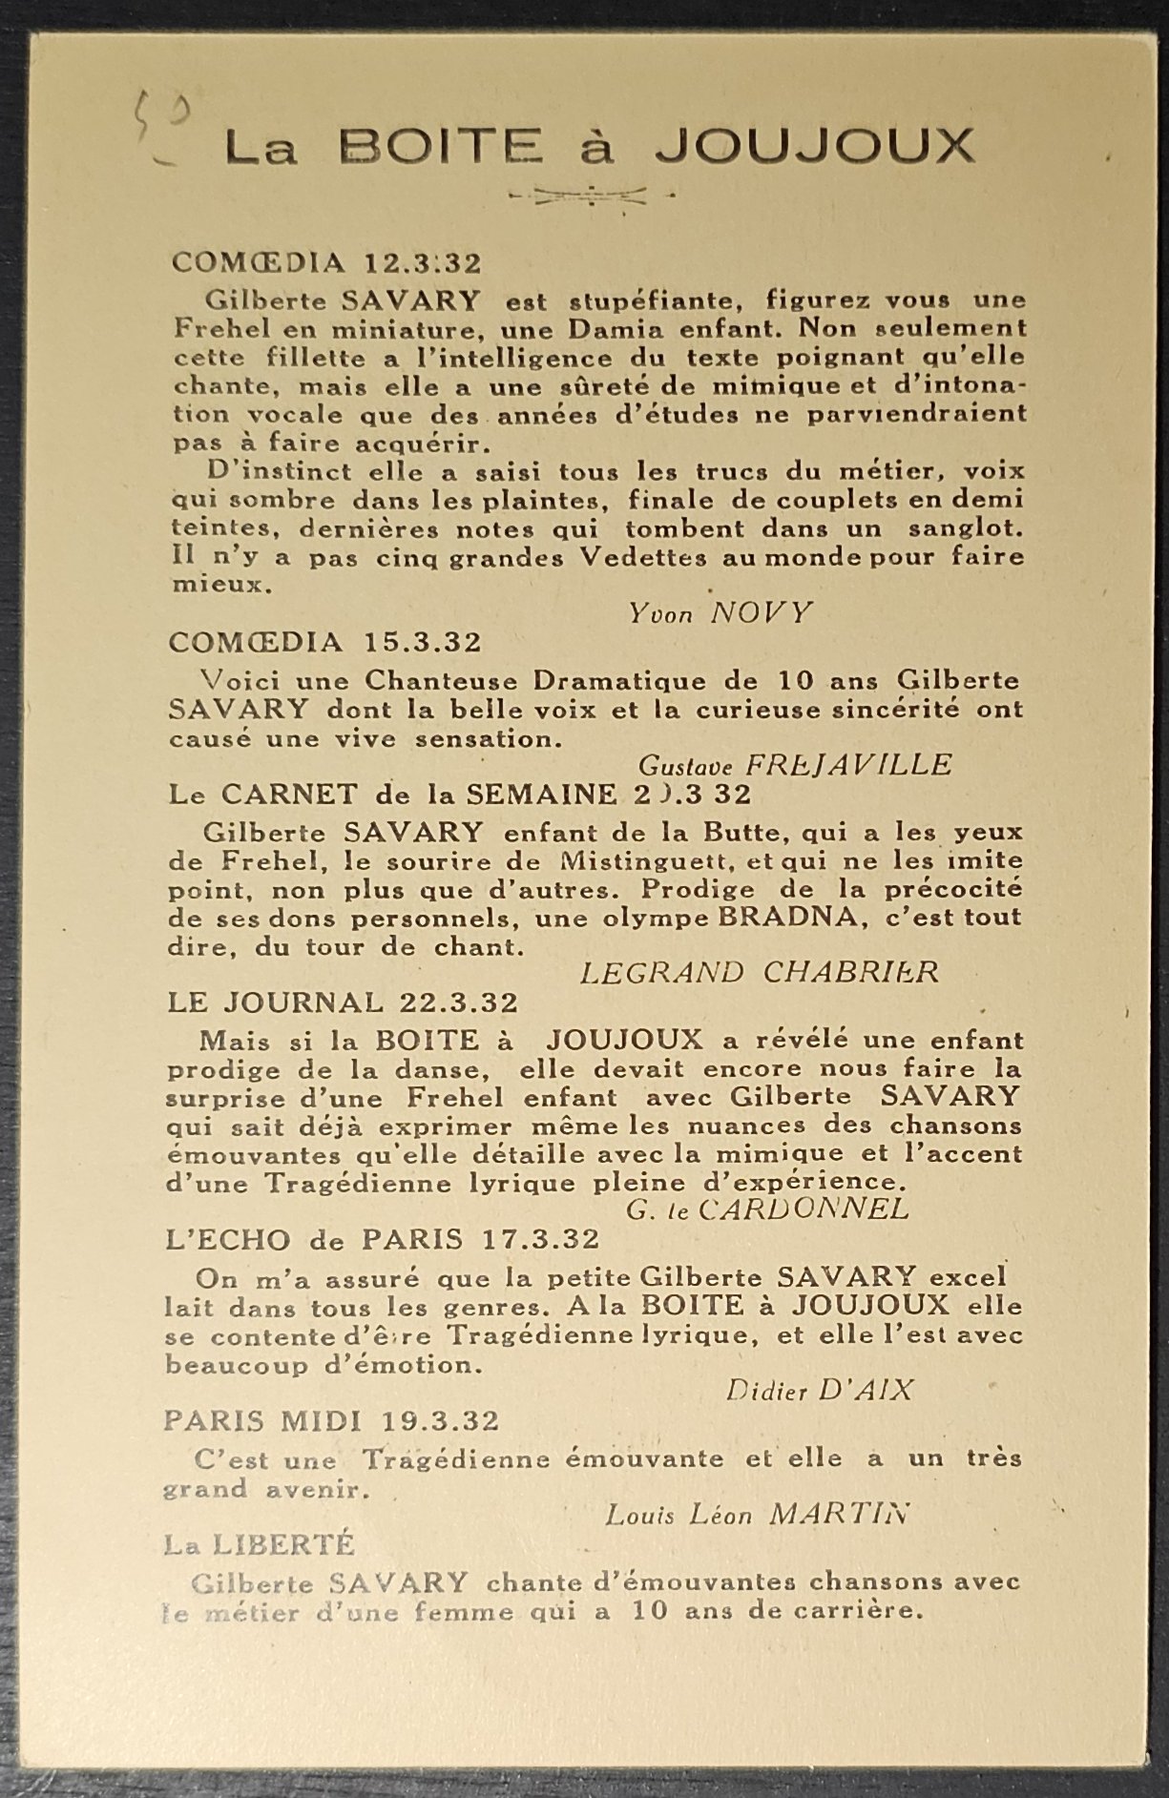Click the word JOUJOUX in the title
pyautogui.click(x=816, y=148)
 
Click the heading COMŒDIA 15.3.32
pyautogui.click(x=325, y=642)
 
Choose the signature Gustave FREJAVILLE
pyautogui.click(x=794, y=764)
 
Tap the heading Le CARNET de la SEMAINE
pyautogui.click(x=459, y=794)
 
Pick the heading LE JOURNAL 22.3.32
pyautogui.click(x=344, y=1002)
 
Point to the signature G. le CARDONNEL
pyautogui.click(x=767, y=1209)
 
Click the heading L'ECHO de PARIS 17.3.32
pyautogui.click(x=383, y=1239)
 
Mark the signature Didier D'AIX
pyautogui.click(x=819, y=1390)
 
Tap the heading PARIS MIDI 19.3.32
pyautogui.click(x=331, y=1420)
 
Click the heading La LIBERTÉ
pyautogui.click(x=259, y=1543)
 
